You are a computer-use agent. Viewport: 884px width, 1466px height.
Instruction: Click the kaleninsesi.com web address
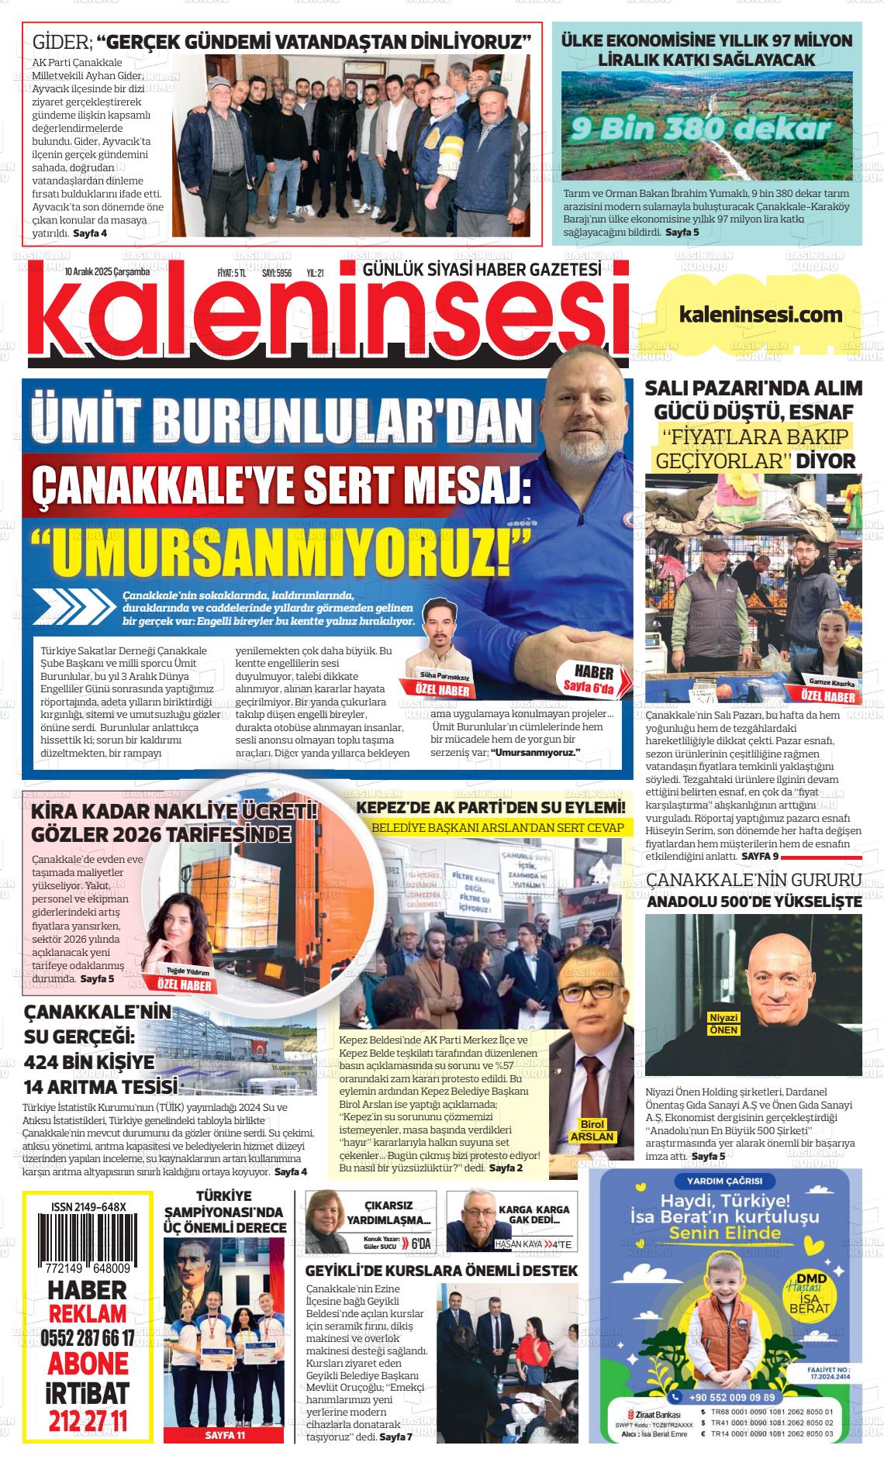(x=760, y=314)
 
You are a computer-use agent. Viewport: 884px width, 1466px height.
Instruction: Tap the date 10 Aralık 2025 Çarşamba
(x=108, y=272)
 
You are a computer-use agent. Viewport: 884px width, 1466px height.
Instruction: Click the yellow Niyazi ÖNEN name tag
(x=723, y=1024)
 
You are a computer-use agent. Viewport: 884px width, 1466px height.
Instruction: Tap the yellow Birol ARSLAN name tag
(x=592, y=1130)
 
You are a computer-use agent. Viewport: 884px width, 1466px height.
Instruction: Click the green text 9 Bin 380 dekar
(x=698, y=128)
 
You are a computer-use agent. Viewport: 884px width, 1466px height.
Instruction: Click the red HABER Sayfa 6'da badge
(x=594, y=679)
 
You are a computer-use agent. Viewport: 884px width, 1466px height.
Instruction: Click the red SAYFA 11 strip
(x=225, y=1436)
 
